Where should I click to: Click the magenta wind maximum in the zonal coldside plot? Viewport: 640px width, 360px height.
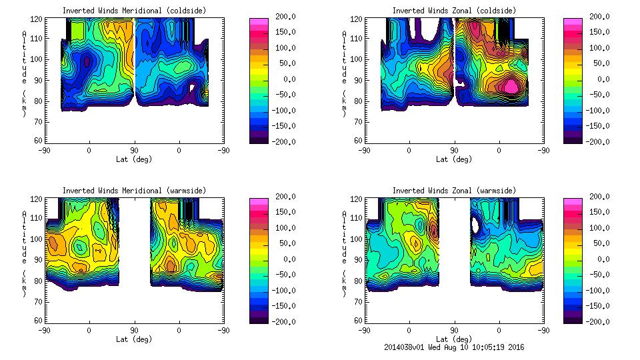511,86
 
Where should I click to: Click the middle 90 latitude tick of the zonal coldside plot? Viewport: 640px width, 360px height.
455,150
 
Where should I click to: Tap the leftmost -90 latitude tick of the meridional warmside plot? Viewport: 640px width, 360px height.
44,330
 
